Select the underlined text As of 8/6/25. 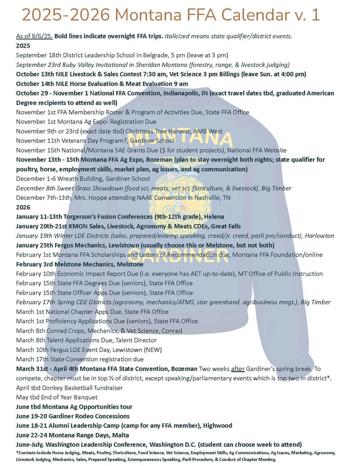[x=33, y=36]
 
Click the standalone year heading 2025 [x=23, y=45]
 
